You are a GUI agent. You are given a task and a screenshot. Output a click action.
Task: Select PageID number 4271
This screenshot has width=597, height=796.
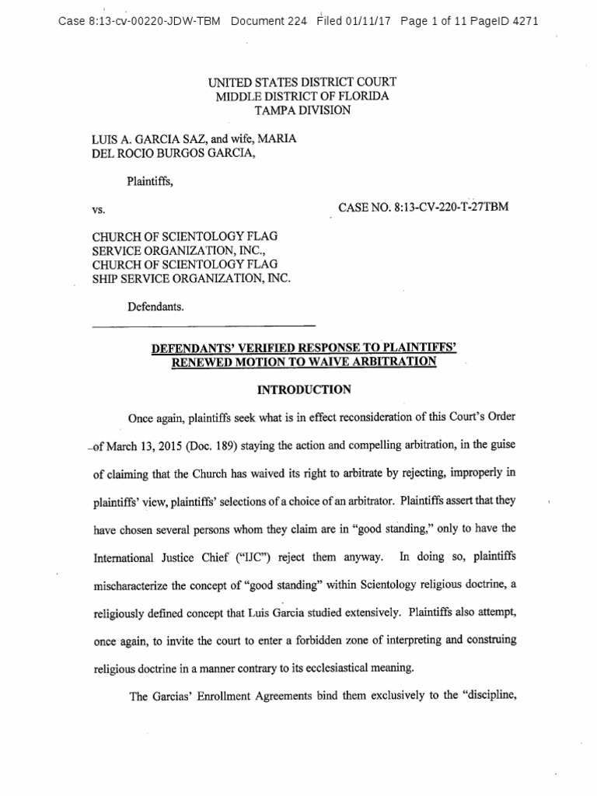point(524,21)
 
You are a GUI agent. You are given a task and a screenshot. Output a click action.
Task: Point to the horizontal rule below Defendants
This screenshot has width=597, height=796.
point(204,325)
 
